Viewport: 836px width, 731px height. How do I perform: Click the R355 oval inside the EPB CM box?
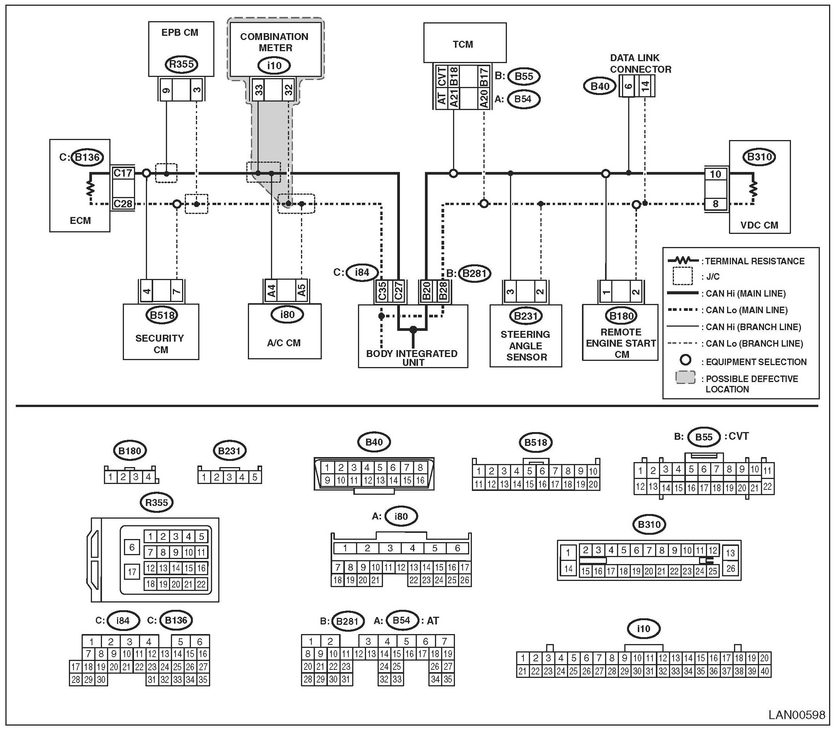coord(181,64)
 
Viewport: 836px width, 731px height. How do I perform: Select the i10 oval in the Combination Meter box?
coord(274,65)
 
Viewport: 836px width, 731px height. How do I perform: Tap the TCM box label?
coord(463,44)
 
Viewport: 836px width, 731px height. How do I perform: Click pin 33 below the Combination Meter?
coord(259,90)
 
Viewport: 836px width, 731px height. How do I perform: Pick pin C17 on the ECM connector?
coord(123,173)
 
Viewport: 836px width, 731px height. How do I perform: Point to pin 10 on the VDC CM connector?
coord(716,174)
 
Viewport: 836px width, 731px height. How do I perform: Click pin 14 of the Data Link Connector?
coord(645,86)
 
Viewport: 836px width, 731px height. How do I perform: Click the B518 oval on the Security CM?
coord(162,315)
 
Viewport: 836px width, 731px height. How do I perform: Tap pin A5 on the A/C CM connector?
coord(301,290)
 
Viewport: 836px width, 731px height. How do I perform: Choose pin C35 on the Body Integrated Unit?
coord(382,291)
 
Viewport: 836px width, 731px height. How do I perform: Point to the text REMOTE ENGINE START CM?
coord(621,343)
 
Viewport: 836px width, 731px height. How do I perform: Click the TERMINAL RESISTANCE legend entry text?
coord(755,261)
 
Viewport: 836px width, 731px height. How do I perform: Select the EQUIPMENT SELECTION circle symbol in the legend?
coord(686,360)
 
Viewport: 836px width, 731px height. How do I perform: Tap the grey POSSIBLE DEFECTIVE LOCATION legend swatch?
coord(686,377)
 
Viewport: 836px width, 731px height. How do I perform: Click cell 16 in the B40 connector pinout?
coord(420,480)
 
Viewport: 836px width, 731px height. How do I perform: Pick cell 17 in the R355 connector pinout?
coord(132,572)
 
